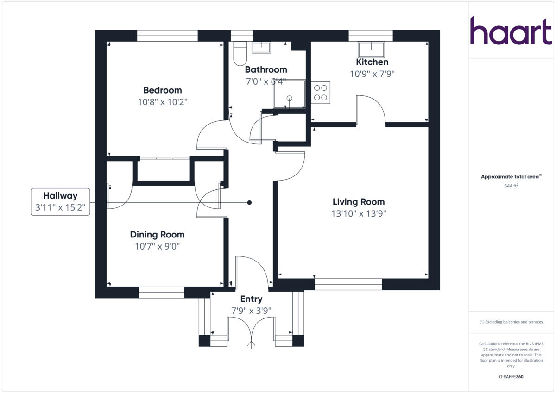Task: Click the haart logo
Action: pyautogui.click(x=511, y=31)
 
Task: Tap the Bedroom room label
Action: pyautogui.click(x=162, y=90)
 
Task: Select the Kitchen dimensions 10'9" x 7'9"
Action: pyautogui.click(x=372, y=74)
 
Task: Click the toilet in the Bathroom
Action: pyautogui.click(x=240, y=54)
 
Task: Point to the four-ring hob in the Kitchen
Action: pyautogui.click(x=321, y=93)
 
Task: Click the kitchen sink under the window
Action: pyautogui.click(x=372, y=49)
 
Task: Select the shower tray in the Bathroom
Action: pyautogui.click(x=289, y=94)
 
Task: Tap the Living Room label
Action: pyautogui.click(x=358, y=202)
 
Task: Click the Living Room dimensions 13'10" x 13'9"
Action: pyautogui.click(x=358, y=214)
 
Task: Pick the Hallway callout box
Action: pyautogui.click(x=60, y=202)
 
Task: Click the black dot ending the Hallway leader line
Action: pyautogui.click(x=249, y=202)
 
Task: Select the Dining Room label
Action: pyautogui.click(x=157, y=235)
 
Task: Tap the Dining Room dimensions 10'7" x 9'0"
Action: pyautogui.click(x=157, y=247)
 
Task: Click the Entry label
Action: pyautogui.click(x=251, y=299)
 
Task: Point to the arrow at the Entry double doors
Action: pyautogui.click(x=252, y=344)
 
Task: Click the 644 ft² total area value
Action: pyautogui.click(x=511, y=186)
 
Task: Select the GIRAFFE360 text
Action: pyautogui.click(x=511, y=377)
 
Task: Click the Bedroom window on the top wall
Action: pyautogui.click(x=167, y=36)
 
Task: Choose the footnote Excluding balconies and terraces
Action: pyautogui.click(x=511, y=322)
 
